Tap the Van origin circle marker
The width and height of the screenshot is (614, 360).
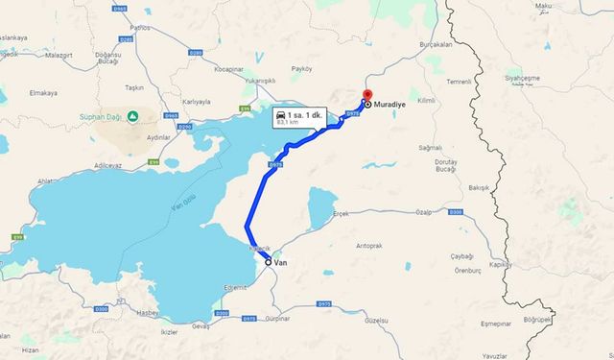269,261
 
